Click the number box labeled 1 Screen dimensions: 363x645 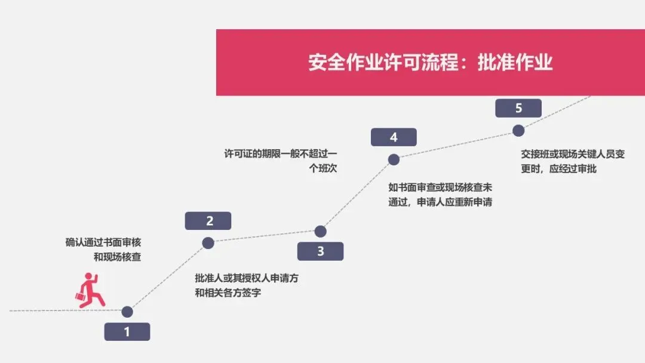click(127, 332)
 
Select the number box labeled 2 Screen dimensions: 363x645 click(208, 221)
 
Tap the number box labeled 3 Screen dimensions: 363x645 click(320, 251)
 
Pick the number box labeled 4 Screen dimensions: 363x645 click(394, 137)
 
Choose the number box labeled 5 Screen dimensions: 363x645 click(518, 108)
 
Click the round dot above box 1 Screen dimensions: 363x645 click(127, 311)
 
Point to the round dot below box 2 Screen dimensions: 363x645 click(208, 243)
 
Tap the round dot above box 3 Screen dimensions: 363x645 click(320, 231)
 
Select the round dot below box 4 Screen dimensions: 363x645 click(394, 159)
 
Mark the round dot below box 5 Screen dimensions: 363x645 click(518, 130)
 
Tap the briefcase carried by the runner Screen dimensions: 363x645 click(80, 296)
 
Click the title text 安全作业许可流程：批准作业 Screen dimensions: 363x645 click(430, 63)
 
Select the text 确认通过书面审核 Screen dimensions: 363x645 click(103, 242)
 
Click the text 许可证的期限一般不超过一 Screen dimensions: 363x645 click(280, 153)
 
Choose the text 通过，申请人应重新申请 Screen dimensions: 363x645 click(440, 202)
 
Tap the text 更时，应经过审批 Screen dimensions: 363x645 click(558, 169)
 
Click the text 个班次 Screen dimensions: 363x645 click(323, 168)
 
